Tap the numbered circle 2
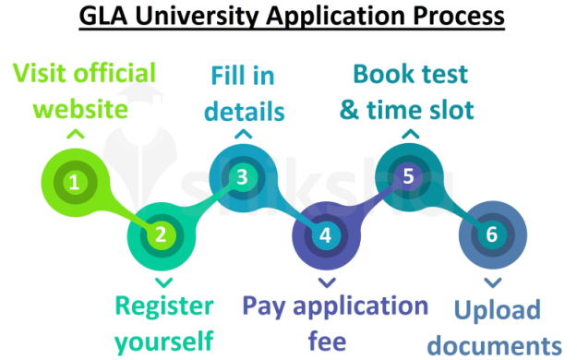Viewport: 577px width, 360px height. [161, 234]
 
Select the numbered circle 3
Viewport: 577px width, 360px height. [242, 175]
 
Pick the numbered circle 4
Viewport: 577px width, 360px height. [325, 234]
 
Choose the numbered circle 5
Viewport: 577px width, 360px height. [408, 175]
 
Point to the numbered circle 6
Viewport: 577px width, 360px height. [492, 234]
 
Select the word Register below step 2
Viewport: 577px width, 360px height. [164, 306]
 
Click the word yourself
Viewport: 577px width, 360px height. [164, 340]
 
